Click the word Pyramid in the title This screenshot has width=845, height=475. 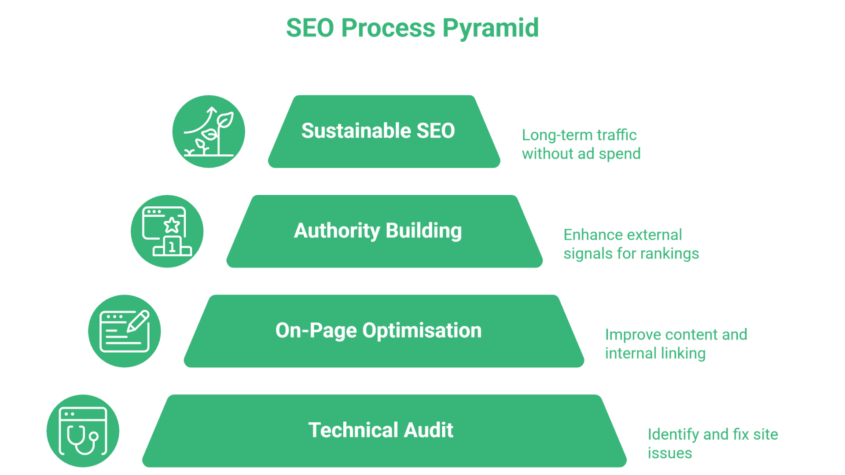tap(490, 28)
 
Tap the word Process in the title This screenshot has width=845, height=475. tap(388, 28)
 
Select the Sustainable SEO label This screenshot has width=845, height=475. tap(378, 131)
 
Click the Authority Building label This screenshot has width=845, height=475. tap(378, 231)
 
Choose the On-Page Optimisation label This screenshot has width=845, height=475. tap(378, 331)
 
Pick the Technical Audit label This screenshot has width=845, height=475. tap(380, 430)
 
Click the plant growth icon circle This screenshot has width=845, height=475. tap(209, 132)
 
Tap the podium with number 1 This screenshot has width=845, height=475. tap(172, 247)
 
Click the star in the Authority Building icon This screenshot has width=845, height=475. tap(172, 225)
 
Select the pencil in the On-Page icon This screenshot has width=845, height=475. tap(138, 321)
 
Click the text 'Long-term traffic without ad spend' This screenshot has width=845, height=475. tap(581, 144)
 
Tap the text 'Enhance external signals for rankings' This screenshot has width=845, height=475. tap(631, 244)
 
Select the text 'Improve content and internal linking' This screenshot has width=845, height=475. tap(676, 344)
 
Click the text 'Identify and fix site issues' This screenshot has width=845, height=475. tap(712, 443)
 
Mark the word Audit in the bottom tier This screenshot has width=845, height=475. tap(428, 430)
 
